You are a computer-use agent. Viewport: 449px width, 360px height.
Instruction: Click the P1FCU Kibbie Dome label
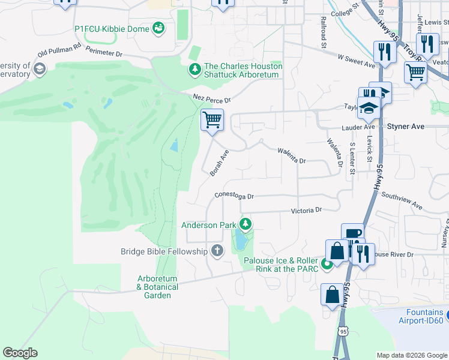click(112, 28)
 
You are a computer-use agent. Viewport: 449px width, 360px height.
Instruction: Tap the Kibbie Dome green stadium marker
click(158, 27)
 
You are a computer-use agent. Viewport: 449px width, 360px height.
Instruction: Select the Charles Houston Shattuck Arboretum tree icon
click(194, 70)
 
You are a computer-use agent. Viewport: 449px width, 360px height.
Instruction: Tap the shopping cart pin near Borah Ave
click(212, 120)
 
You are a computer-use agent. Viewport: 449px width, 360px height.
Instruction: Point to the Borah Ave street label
click(220, 163)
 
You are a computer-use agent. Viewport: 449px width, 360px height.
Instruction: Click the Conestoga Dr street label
click(235, 196)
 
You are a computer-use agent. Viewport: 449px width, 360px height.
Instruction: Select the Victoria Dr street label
click(307, 211)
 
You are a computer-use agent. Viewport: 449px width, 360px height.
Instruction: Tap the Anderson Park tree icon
click(245, 224)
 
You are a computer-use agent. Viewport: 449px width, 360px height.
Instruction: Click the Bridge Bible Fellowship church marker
click(217, 251)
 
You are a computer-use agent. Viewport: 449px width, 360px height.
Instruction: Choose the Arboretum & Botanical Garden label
click(158, 287)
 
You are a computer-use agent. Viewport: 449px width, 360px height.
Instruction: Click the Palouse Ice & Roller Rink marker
click(327, 263)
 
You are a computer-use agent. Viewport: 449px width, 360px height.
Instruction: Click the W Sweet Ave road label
click(356, 59)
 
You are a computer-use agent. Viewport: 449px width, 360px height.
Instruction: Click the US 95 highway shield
click(343, 331)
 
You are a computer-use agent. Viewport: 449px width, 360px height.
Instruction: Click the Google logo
click(20, 353)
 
